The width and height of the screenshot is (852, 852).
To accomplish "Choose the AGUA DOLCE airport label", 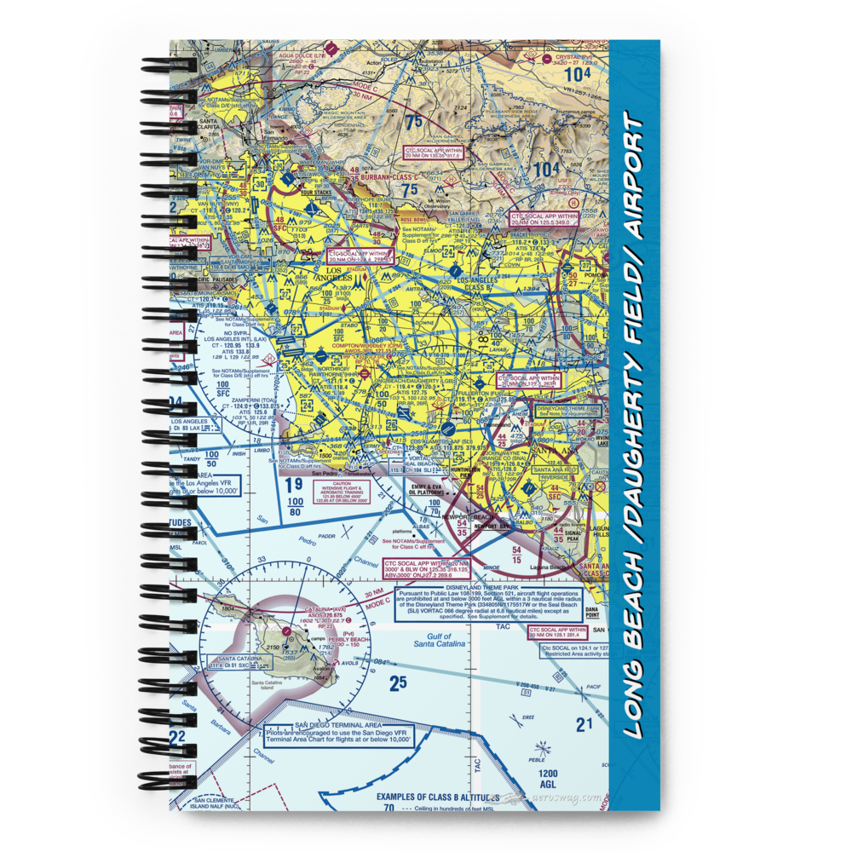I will click(307, 56).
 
